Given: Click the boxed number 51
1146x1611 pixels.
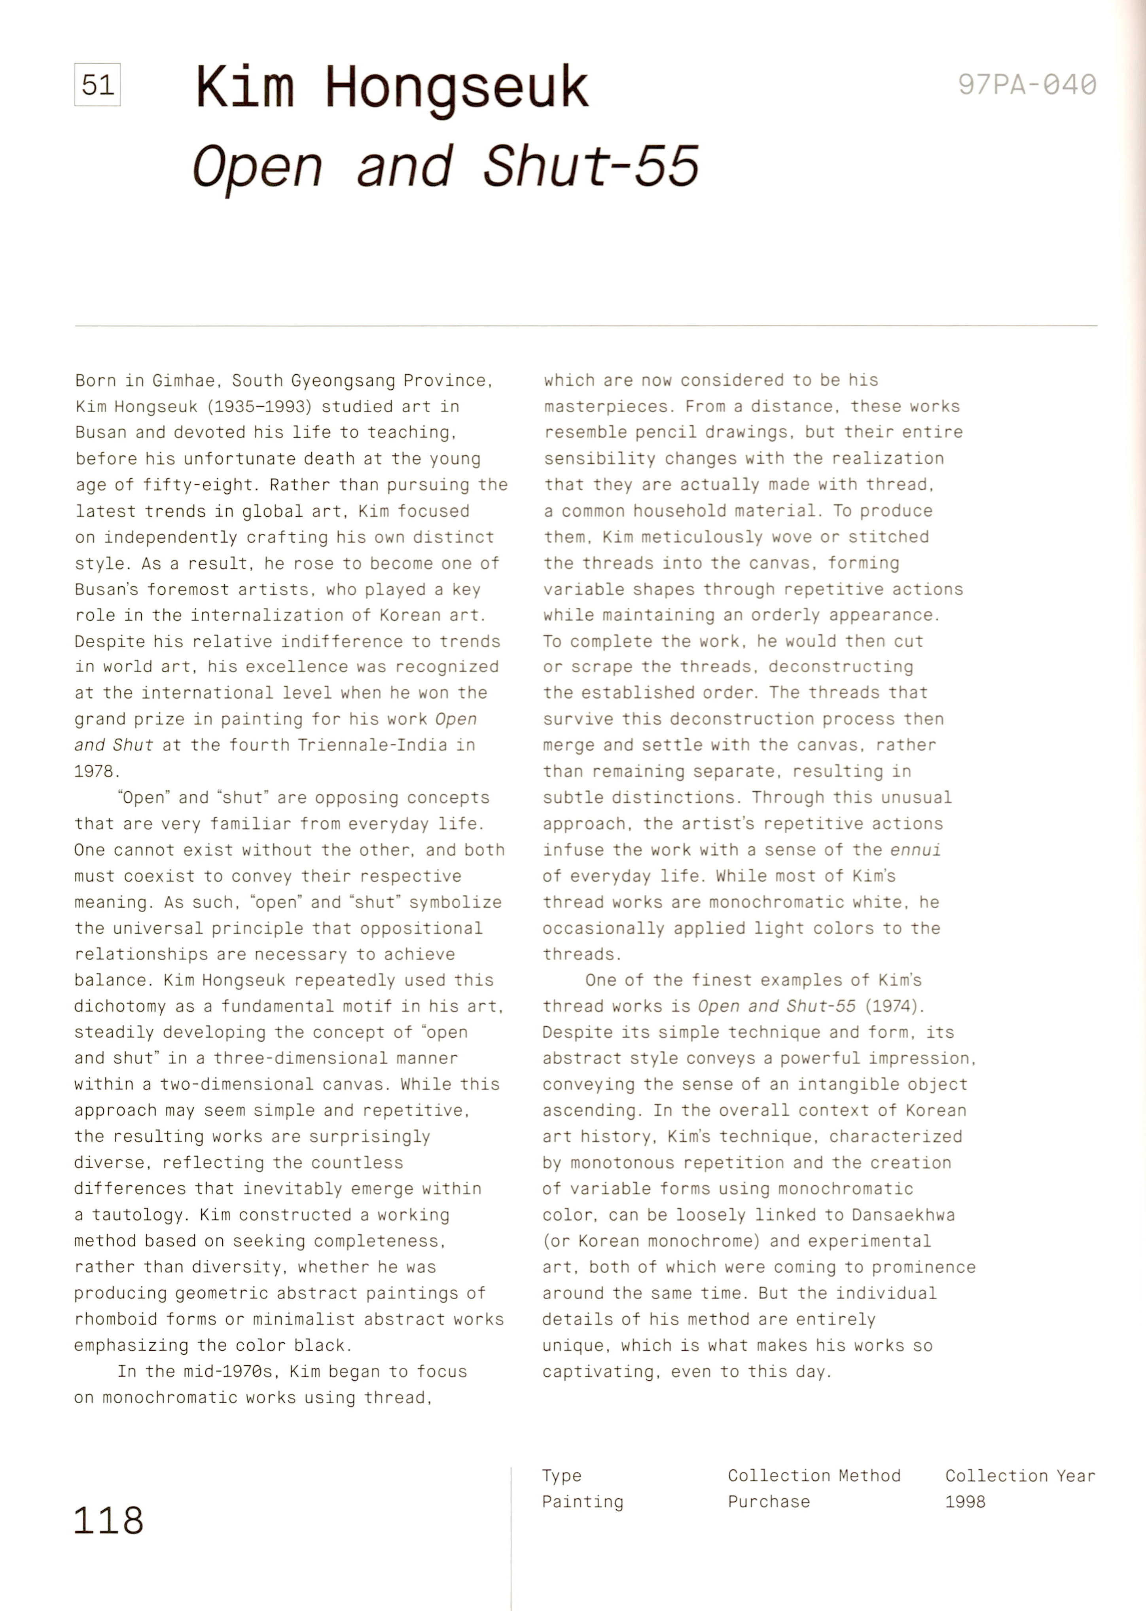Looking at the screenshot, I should click(x=97, y=85).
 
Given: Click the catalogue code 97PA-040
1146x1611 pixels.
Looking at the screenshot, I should click(x=1027, y=85).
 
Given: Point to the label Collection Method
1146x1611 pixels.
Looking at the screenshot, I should click(x=814, y=1476).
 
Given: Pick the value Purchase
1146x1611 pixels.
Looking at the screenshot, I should click(x=769, y=1502).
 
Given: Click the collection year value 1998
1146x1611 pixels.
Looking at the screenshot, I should click(x=965, y=1502).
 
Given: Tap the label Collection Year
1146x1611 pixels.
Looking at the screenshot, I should click(x=1020, y=1476).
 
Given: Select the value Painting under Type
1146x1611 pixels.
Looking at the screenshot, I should click(x=582, y=1502).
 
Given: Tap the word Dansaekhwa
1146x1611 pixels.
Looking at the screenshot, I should click(x=903, y=1215).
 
